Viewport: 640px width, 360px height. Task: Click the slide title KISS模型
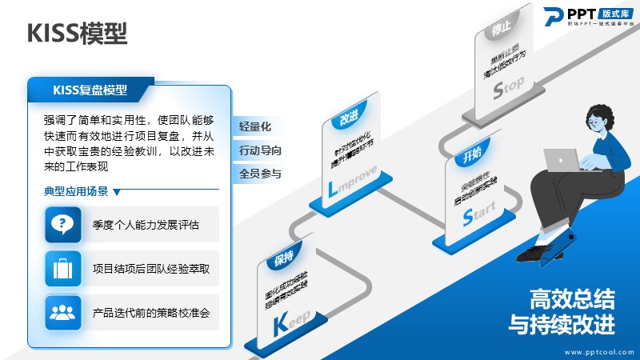(77, 34)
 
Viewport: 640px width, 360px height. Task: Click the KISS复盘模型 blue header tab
(90, 90)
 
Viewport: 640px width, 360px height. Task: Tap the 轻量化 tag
(255, 126)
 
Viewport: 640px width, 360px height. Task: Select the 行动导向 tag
(260, 150)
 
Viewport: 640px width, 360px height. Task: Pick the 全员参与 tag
(260, 173)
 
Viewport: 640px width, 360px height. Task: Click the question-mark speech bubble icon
(62, 224)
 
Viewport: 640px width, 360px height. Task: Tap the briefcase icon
(62, 269)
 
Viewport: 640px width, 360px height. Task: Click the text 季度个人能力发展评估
(146, 224)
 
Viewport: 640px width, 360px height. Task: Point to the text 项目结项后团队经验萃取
(151, 269)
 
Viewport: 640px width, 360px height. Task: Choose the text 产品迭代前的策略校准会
(151, 313)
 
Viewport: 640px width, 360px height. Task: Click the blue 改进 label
(348, 118)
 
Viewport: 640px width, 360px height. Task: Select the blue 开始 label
(472, 154)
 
